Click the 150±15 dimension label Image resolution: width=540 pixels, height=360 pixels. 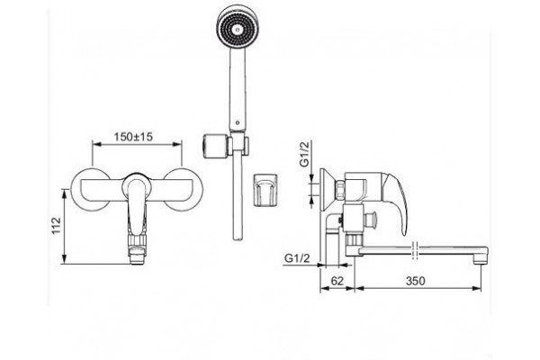pyautogui.click(x=133, y=137)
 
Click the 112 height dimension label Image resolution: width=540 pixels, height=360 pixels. pyautogui.click(x=56, y=226)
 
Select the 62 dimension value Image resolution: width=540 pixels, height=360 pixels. pyautogui.click(x=337, y=281)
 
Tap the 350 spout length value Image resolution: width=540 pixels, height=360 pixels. pyautogui.click(x=416, y=281)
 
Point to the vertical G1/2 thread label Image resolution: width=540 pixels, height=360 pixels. pyautogui.click(x=305, y=155)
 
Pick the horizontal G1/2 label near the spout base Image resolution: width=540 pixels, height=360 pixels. pyautogui.click(x=297, y=258)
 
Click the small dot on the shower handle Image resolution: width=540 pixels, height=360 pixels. pyautogui.click(x=237, y=122)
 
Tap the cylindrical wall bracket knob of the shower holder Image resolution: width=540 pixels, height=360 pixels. pyautogui.click(x=213, y=145)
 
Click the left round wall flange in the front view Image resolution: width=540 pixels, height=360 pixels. pyautogui.click(x=90, y=190)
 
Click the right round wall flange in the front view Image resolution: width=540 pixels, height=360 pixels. pyautogui.click(x=184, y=190)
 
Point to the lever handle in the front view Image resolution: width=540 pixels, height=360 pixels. pyautogui.click(x=137, y=204)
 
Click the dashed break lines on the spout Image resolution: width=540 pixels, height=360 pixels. pyautogui.click(x=415, y=251)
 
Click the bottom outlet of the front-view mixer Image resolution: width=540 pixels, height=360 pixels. pyautogui.click(x=137, y=256)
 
